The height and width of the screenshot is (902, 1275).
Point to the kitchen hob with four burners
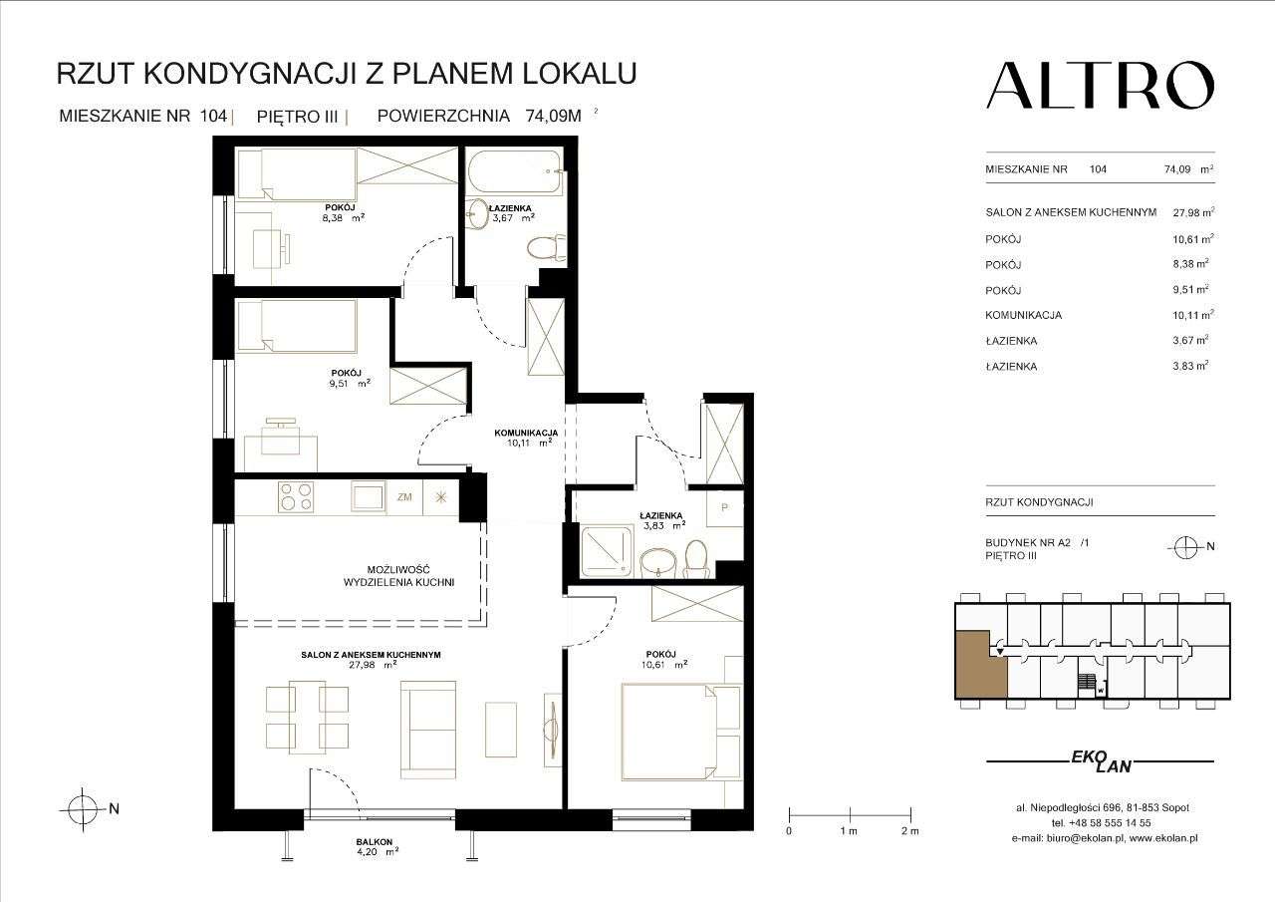[296, 496]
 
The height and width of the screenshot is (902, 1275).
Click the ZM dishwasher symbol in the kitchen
[404, 496]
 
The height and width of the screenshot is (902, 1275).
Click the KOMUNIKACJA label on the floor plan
[527, 434]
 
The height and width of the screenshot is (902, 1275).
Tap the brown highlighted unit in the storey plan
[979, 665]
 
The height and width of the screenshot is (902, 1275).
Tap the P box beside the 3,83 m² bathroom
[724, 508]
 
